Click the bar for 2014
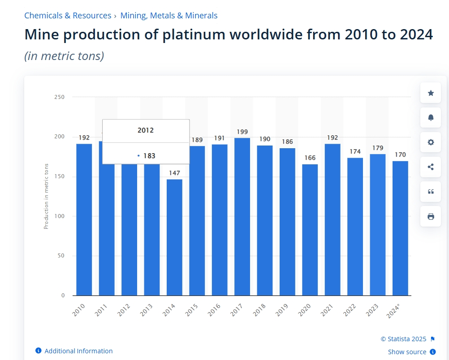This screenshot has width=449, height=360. [x=174, y=237]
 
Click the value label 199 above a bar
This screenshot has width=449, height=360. [x=242, y=132]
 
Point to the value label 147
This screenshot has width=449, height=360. [x=174, y=173]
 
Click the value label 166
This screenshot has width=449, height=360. [x=310, y=158]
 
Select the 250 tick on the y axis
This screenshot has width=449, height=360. [x=60, y=97]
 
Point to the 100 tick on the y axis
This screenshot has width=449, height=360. [x=60, y=216]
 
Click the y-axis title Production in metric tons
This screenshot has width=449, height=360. [x=46, y=197]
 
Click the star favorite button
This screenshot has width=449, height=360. [x=431, y=93]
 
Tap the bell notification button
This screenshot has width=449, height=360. [x=431, y=118]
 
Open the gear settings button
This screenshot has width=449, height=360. [x=431, y=142]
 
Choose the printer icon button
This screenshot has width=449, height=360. [x=431, y=217]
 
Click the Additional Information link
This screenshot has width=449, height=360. [x=78, y=351]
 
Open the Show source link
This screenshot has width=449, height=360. [x=407, y=352]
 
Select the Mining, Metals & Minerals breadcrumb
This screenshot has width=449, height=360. [x=169, y=16]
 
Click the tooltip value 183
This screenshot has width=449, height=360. [x=149, y=156]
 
